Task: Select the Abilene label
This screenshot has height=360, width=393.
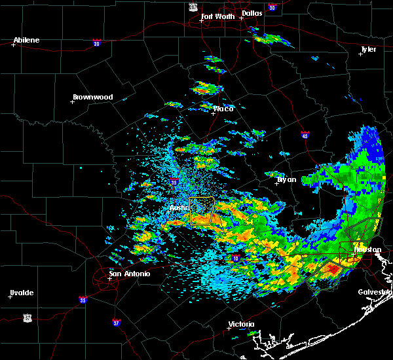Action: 26,40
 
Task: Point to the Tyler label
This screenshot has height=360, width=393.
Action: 368,49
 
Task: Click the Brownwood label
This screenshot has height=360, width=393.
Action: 92,97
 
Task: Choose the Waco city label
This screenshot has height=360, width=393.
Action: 223,109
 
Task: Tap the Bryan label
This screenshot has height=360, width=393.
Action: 286,179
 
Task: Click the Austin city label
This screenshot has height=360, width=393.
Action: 179,208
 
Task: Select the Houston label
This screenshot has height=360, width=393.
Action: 367,249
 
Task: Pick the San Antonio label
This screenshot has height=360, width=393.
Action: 129,274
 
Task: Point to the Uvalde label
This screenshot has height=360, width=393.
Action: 22,293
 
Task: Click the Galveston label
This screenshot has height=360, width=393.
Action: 375,292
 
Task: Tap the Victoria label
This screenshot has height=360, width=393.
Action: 240,325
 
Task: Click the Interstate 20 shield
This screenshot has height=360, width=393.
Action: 97,43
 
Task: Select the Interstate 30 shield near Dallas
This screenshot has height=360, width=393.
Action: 271,7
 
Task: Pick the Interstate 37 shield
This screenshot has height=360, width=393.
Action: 116,322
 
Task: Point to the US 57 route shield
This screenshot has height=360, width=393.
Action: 27,317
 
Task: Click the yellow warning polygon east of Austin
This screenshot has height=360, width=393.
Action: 202,211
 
